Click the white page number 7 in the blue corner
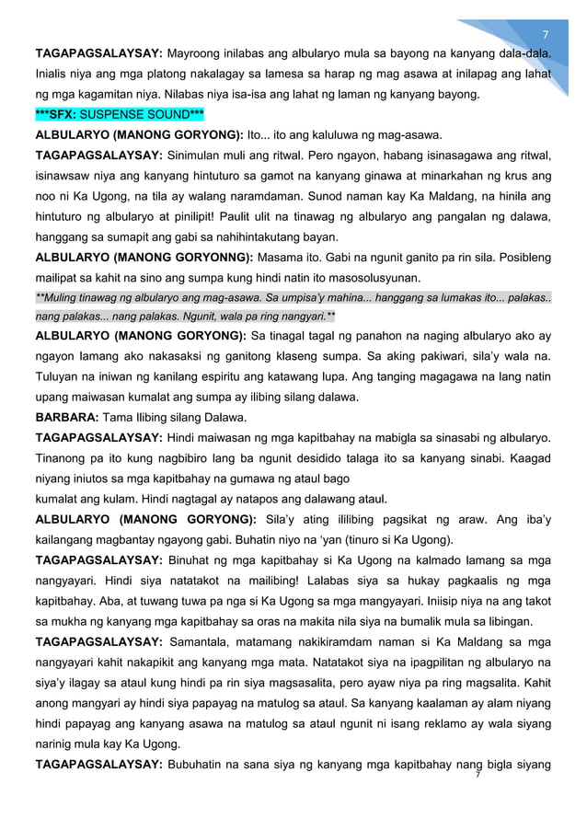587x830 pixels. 545,33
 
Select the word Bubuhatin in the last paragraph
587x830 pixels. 201,765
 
